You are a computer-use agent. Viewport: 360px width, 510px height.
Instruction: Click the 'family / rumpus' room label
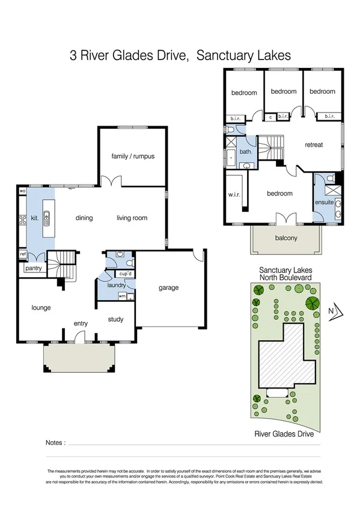tap(133, 156)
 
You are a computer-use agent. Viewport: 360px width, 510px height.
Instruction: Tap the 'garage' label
tap(168, 287)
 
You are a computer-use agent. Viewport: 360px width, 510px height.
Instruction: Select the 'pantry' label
tap(33, 268)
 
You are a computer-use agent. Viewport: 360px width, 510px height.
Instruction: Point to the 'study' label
tap(115, 319)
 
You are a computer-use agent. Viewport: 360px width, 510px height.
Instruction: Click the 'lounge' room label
tap(41, 307)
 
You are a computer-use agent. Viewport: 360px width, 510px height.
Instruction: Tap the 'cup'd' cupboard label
tap(125, 274)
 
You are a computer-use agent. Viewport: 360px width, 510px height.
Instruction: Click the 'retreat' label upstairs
tap(314, 145)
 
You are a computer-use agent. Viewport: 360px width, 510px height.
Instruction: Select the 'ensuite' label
tap(324, 202)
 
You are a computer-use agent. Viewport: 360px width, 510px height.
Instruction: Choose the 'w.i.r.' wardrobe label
tap(234, 194)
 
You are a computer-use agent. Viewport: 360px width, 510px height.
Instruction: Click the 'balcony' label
tap(286, 238)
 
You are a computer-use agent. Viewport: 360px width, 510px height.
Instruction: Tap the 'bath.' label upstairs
tap(245, 152)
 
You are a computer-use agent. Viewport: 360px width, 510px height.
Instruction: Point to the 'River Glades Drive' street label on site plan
tap(285, 432)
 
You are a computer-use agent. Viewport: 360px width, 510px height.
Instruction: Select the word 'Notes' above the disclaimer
tap(55, 443)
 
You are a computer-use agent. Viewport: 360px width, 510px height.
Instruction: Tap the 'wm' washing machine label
tap(122, 296)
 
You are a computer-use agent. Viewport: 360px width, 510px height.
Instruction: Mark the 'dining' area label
tap(84, 218)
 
